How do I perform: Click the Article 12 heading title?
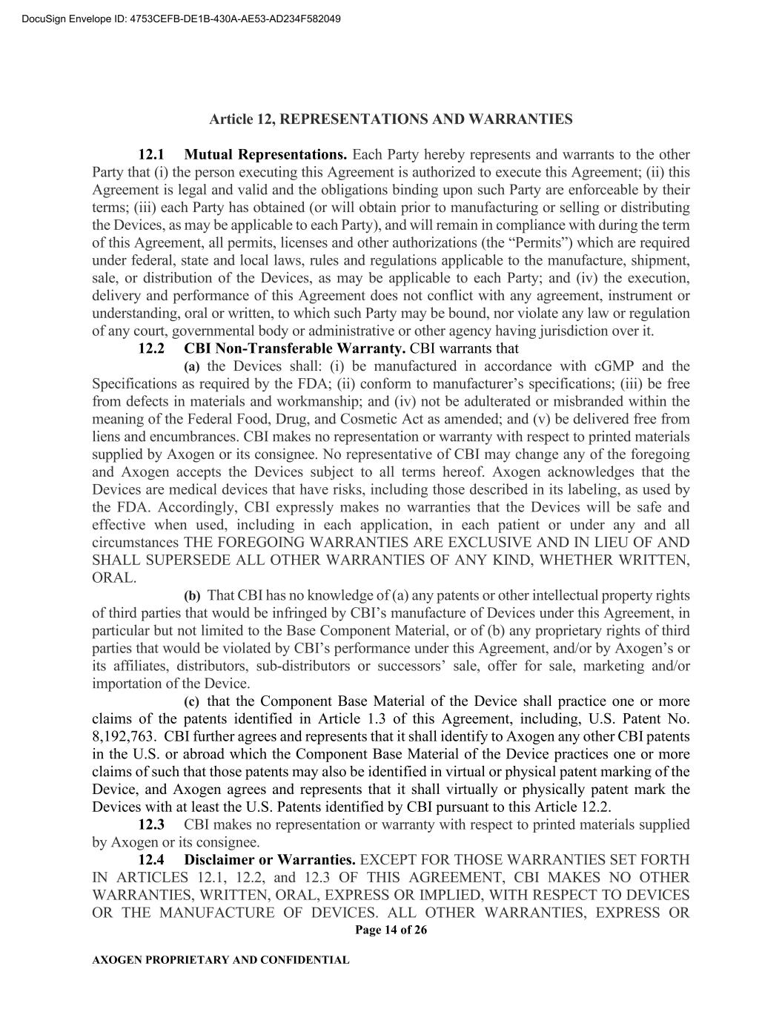[x=391, y=119]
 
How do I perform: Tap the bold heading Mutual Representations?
[x=265, y=155]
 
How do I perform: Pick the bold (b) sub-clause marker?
[x=192, y=595]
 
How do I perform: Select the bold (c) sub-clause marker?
[x=192, y=701]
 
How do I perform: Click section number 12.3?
[x=151, y=824]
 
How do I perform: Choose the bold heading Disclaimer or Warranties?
[x=270, y=860]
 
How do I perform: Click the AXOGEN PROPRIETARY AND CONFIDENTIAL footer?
[x=220, y=960]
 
